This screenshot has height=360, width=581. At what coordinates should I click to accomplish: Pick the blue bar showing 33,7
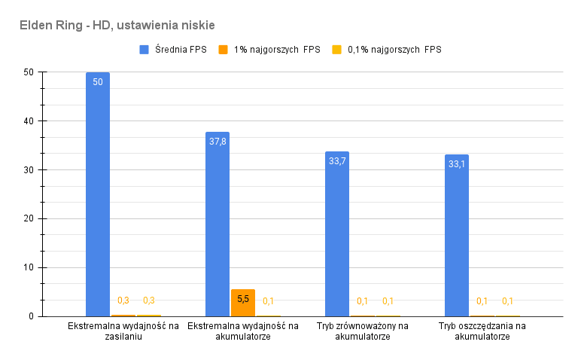[x=337, y=234]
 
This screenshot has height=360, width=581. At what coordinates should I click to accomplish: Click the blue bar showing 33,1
[x=457, y=236]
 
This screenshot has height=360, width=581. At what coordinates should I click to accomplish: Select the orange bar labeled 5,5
[x=243, y=303]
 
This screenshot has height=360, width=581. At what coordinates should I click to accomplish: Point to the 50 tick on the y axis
[x=29, y=72]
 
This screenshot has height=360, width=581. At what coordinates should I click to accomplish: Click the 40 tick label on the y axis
[x=29, y=121]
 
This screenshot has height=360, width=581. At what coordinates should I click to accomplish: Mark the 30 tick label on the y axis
[x=29, y=170]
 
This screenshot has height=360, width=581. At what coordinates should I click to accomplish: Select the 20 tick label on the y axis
[x=29, y=219]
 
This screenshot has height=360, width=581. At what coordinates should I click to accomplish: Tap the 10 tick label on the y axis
[x=29, y=267]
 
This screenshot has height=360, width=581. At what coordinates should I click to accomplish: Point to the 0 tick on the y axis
[x=31, y=316]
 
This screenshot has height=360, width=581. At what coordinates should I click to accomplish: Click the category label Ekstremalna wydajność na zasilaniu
[x=123, y=331]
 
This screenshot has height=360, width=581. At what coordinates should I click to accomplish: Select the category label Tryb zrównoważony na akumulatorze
[x=363, y=331]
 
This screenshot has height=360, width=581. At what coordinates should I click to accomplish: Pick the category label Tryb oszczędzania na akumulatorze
[x=482, y=331]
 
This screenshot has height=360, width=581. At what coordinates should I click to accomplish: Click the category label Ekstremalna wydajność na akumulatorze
[x=243, y=331]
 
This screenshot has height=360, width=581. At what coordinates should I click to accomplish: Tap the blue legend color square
[x=144, y=50]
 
